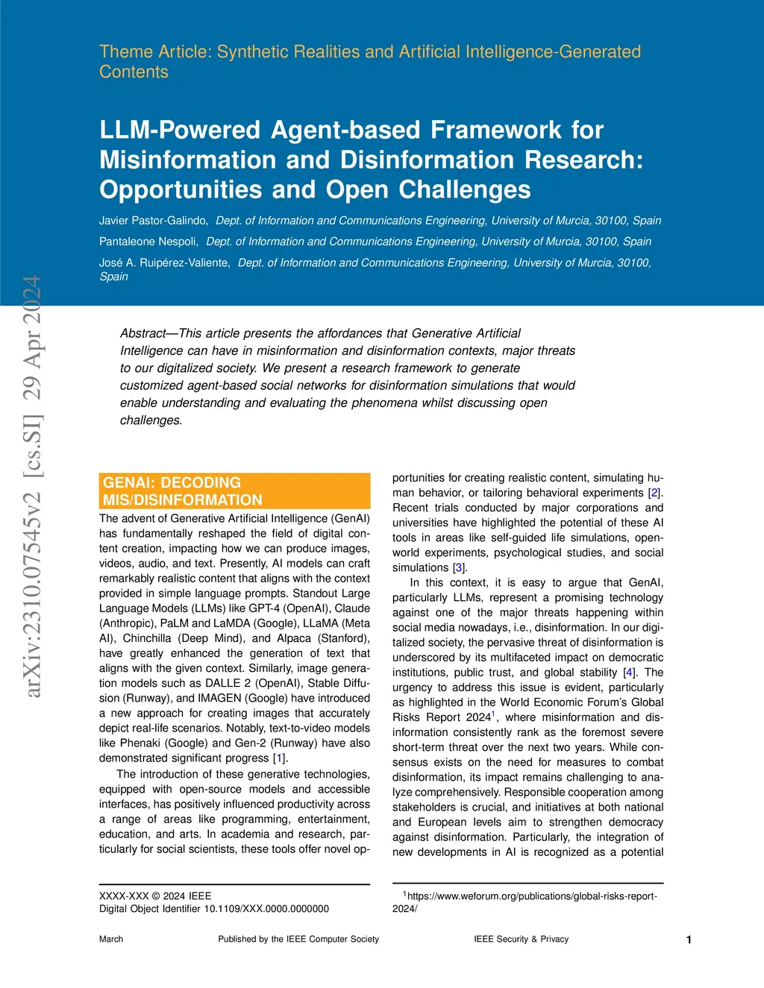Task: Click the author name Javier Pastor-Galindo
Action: tap(153, 221)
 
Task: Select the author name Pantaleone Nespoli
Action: tap(148, 242)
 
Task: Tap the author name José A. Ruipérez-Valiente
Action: tap(164, 262)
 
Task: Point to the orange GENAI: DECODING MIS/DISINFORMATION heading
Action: tap(234, 491)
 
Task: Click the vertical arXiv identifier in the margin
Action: tap(33, 486)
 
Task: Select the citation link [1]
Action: tap(280, 758)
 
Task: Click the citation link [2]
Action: tap(654, 493)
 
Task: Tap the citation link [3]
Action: tap(459, 568)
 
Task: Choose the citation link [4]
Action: tap(628, 673)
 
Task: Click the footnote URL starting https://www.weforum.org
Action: tap(532, 896)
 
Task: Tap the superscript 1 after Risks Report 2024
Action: tap(493, 714)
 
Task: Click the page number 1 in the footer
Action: tap(689, 940)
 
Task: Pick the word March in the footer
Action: tap(111, 940)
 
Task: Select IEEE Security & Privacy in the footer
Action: tap(521, 940)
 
